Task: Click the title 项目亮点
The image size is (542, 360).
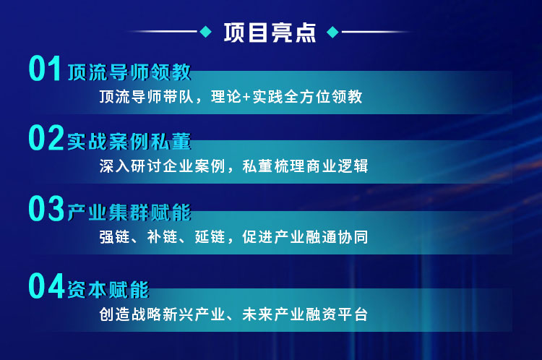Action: [x=270, y=33]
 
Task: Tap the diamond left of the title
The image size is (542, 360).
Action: [x=206, y=32]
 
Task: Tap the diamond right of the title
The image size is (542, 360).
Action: [x=332, y=32]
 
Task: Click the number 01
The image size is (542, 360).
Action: [x=45, y=69]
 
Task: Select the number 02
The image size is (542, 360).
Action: [x=46, y=137]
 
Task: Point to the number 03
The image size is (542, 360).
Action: [x=46, y=208]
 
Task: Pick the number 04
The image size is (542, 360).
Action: [x=47, y=286]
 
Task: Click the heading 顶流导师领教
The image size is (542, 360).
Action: [x=129, y=72]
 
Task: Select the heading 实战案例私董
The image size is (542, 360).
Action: [x=129, y=142]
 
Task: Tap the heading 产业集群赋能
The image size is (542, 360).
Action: [x=129, y=212]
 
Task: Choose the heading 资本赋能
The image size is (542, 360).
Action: [x=108, y=289]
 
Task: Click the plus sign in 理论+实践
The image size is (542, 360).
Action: [x=246, y=97]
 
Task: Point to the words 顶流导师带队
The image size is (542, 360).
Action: [x=146, y=97]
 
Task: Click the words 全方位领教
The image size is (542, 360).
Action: [x=323, y=97]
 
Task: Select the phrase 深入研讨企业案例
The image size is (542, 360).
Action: [x=162, y=166]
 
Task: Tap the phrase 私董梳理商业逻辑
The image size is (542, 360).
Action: [x=305, y=166]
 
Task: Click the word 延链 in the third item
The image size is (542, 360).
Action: [x=210, y=237]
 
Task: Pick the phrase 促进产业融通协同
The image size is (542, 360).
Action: [x=305, y=237]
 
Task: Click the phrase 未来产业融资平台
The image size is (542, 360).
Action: [x=305, y=314]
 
